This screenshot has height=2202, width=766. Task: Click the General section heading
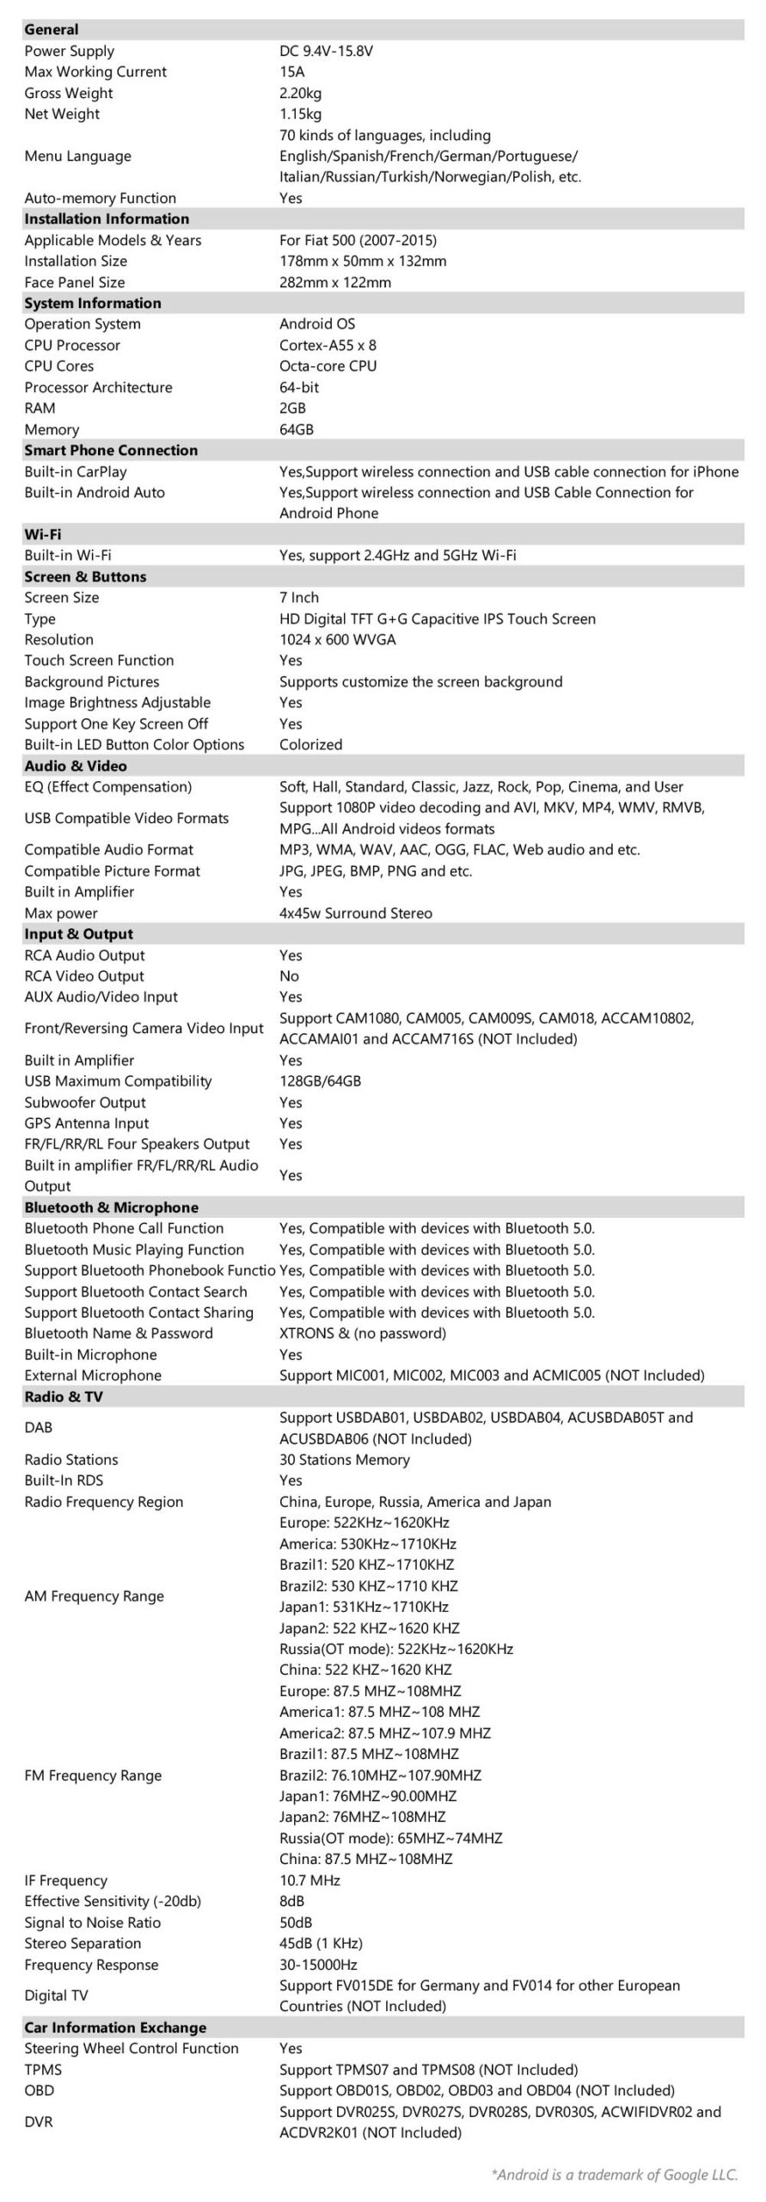click(x=52, y=30)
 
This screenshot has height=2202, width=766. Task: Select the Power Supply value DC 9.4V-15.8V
click(x=326, y=51)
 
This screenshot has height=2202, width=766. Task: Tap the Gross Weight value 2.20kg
click(x=300, y=93)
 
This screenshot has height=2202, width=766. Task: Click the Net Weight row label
click(x=62, y=114)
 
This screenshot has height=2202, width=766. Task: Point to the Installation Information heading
click(x=107, y=219)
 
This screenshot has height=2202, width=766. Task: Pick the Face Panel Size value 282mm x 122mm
click(x=334, y=282)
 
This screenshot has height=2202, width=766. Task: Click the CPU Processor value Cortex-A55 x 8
click(x=328, y=345)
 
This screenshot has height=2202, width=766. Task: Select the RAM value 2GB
click(x=292, y=409)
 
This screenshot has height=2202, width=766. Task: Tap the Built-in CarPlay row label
click(x=76, y=471)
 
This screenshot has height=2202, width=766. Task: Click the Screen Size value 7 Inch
click(x=299, y=598)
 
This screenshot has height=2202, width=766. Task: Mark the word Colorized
click(x=310, y=745)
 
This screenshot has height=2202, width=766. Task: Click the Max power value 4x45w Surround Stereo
click(x=355, y=913)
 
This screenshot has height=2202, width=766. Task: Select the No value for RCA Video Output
click(x=289, y=976)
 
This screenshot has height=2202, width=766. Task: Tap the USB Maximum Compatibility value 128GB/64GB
click(x=320, y=1081)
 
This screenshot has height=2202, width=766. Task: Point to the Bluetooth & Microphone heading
click(x=111, y=1208)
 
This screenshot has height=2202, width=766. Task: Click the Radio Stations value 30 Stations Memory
click(x=344, y=1460)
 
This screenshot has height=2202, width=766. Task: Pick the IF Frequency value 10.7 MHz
click(x=309, y=1880)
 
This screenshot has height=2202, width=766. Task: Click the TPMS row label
click(x=43, y=2070)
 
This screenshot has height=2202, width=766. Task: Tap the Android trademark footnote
click(x=614, y=2174)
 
